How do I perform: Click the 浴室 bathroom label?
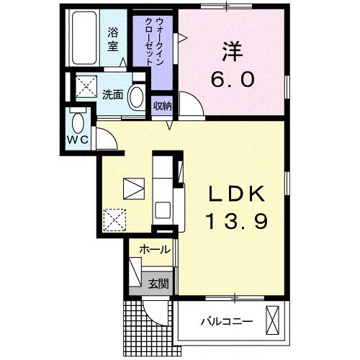pyautogui.click(x=113, y=39)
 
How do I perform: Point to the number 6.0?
pyautogui.click(x=232, y=78)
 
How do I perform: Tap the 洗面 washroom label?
pyautogui.click(x=112, y=94)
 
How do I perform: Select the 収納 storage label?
pyautogui.click(x=162, y=107)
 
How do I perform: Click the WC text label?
pyautogui.click(x=78, y=139)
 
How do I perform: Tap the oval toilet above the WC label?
pyautogui.click(x=78, y=119)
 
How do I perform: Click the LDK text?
pyautogui.click(x=237, y=194)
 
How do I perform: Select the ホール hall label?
pyautogui.click(x=154, y=251)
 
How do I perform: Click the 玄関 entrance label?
pyautogui.click(x=158, y=284)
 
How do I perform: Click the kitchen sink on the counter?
pyautogui.click(x=163, y=210)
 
